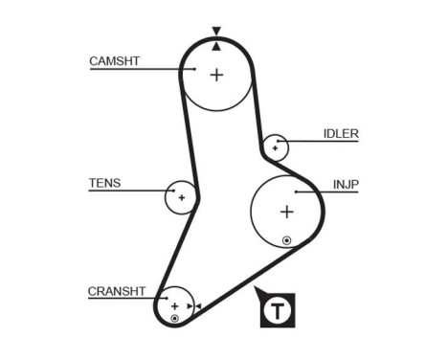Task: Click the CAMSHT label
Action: pos(114,61)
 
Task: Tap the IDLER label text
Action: pos(341,134)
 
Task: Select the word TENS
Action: pos(105,183)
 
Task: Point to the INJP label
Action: pos(346,183)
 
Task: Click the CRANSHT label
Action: pos(116,291)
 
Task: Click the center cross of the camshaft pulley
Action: pos(216,74)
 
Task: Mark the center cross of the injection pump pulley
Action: pos(286,212)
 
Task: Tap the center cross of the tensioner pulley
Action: pos(180,197)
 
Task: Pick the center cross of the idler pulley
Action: pos(275,147)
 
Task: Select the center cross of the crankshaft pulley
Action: pos(175,305)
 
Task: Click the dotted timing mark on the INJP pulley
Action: pos(286,239)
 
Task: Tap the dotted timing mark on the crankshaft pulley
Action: pos(174,317)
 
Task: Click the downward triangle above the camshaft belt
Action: pos(216,31)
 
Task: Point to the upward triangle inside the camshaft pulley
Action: pos(216,45)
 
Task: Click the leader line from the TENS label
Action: pos(144,190)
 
